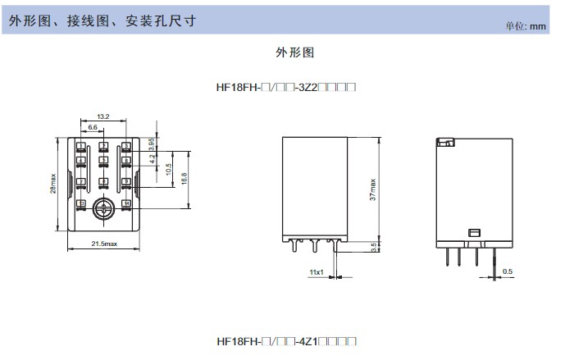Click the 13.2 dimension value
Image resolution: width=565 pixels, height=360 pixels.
click(103, 117)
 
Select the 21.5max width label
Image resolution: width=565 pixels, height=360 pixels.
click(103, 244)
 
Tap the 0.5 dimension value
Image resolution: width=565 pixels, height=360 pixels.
click(508, 271)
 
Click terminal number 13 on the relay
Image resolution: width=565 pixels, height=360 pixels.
click(81, 203)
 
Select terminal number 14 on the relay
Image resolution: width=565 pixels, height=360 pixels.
click(126, 203)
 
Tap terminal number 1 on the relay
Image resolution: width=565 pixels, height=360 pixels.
click(81, 146)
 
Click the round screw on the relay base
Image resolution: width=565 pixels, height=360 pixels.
click(103, 207)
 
